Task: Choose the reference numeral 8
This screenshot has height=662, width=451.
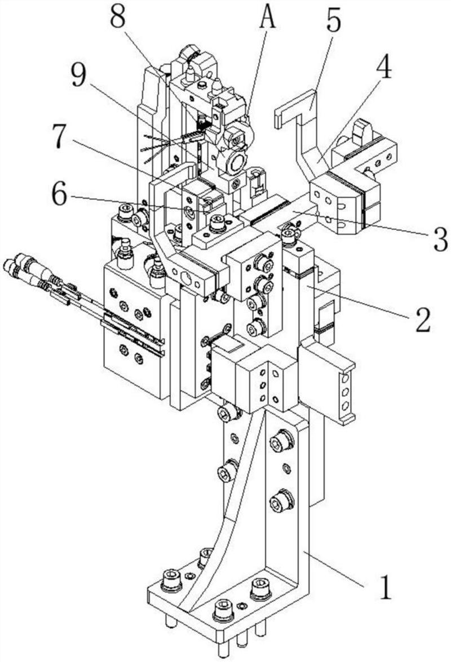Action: pyautogui.click(x=118, y=16)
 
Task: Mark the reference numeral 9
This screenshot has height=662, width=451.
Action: pyautogui.click(x=78, y=77)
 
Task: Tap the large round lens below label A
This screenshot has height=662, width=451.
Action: pyautogui.click(x=237, y=163)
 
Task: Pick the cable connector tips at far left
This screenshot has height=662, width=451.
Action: pyautogui.click(x=12, y=264)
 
